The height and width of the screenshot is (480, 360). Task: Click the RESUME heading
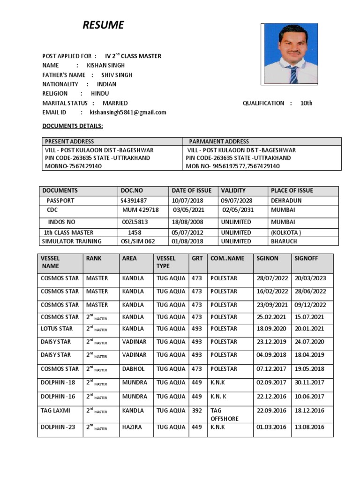coord(103,25)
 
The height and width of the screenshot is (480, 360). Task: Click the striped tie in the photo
coord(293,74)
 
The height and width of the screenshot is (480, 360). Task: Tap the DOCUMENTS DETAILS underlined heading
coord(73,126)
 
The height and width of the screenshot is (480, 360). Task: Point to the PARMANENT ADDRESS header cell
coord(219,141)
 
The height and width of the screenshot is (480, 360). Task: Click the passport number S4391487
coord(134,201)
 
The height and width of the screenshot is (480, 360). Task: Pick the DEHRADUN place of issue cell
coord(286,201)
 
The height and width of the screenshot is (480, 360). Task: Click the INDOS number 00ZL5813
coord(135,222)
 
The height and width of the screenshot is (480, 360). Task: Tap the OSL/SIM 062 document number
coord(137,241)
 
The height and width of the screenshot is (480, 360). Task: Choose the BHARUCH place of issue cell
coord(284,241)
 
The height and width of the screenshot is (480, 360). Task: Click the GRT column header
coord(197,258)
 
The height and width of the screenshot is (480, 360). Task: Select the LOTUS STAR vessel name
coord(57,329)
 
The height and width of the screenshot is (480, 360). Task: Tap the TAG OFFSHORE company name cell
coord(225,414)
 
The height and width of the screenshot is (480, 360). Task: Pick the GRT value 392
coord(197,411)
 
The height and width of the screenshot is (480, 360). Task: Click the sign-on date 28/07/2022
coord(272,278)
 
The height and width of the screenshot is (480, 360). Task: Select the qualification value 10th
coord(307,103)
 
